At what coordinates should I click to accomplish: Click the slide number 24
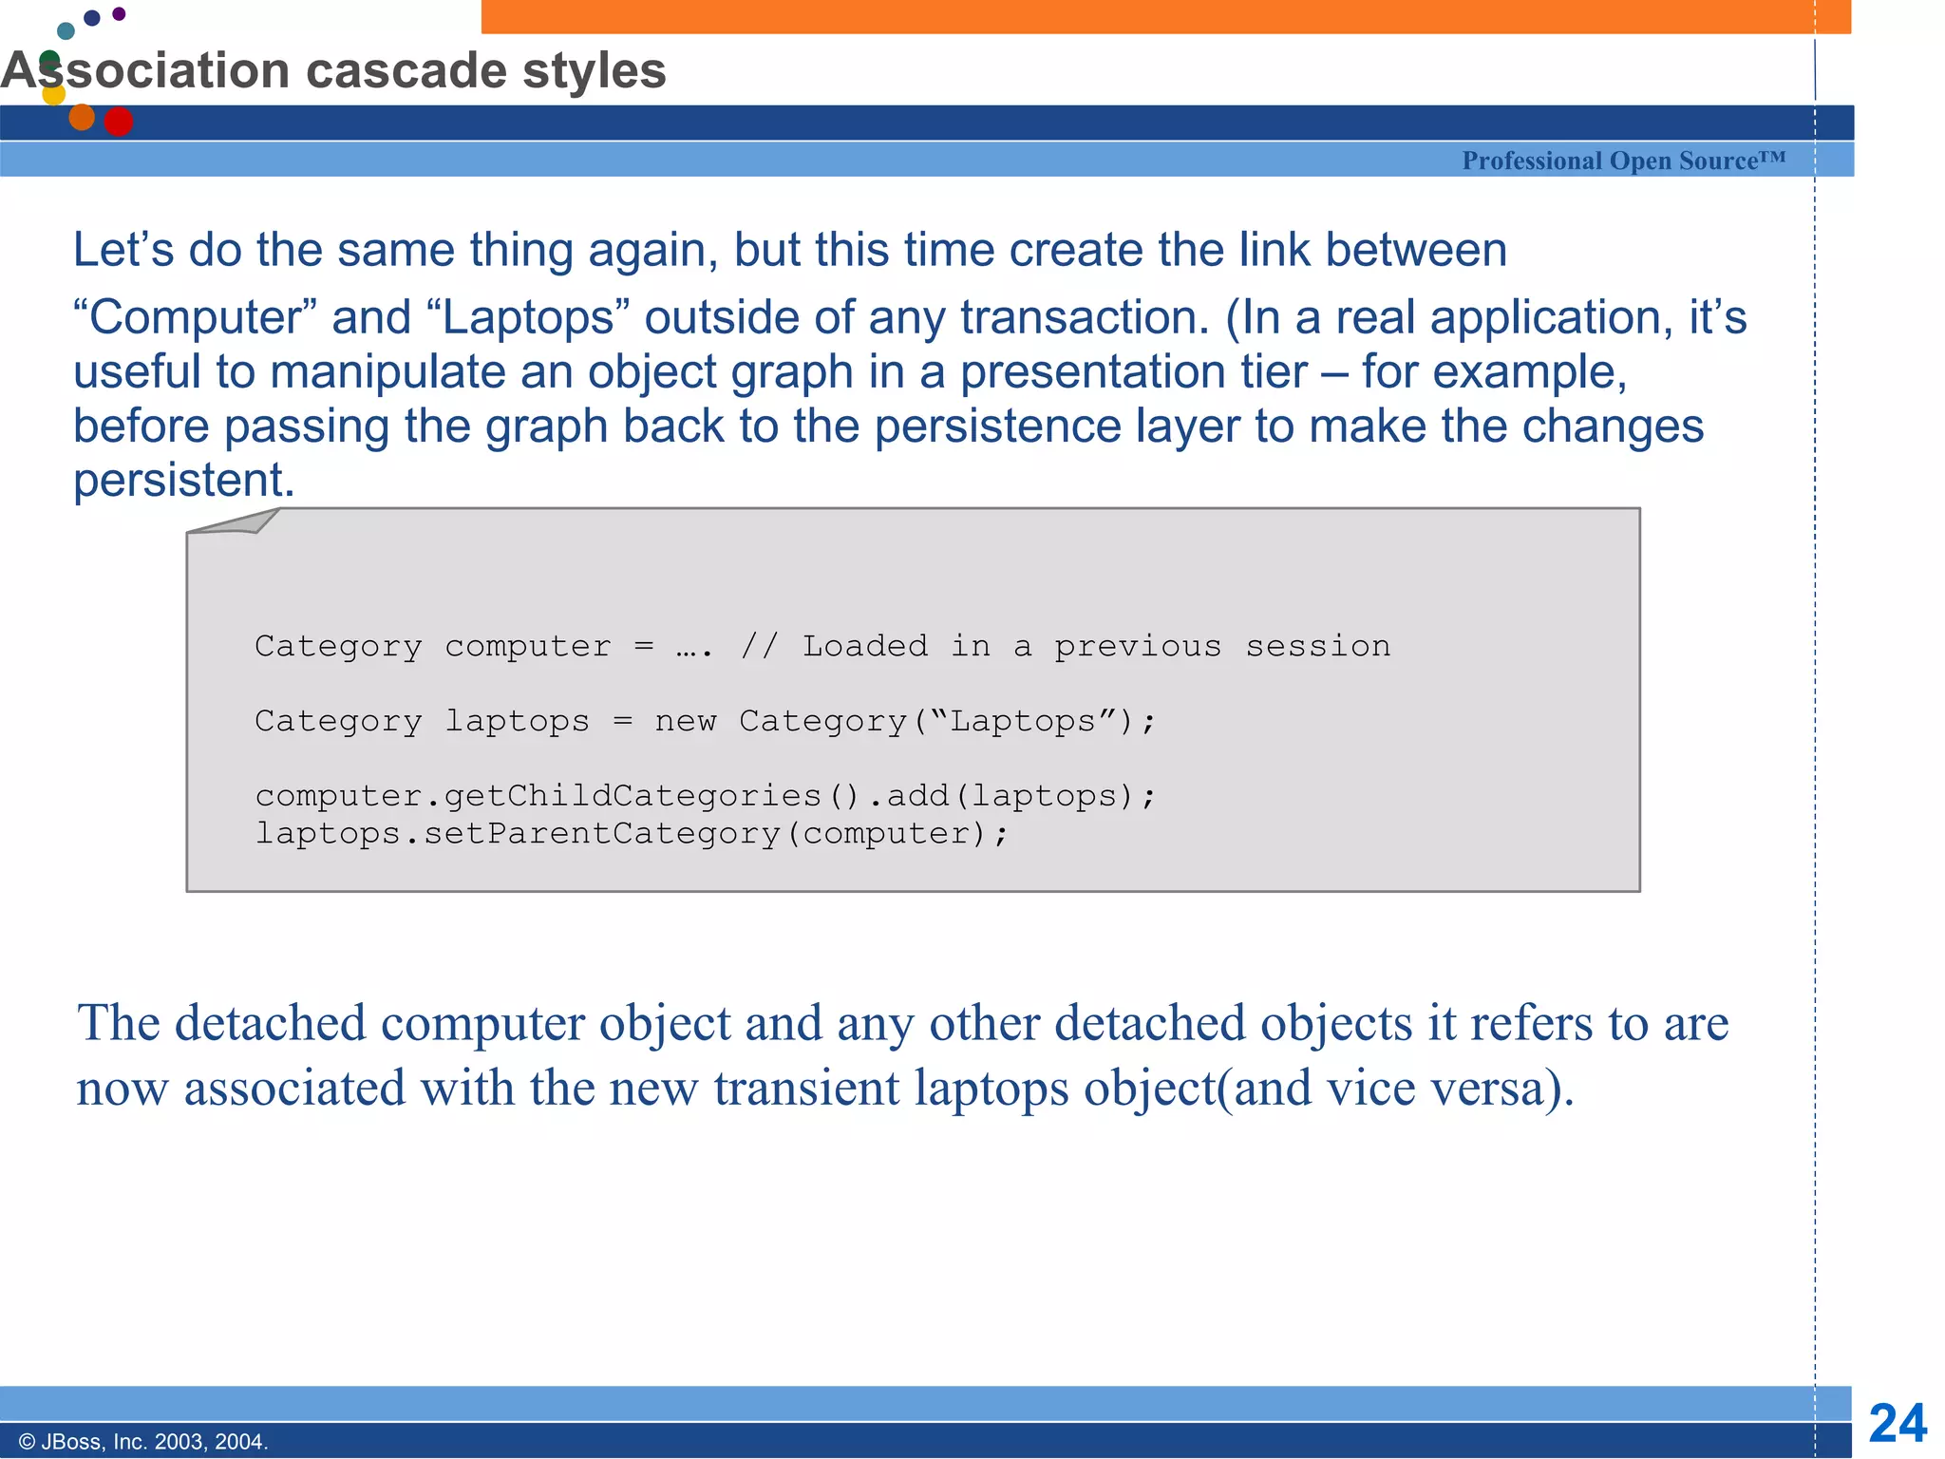point(1897,1423)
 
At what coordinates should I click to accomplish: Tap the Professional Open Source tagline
point(1623,161)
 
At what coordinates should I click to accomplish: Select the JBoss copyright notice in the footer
point(143,1441)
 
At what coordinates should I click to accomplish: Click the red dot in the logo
point(118,122)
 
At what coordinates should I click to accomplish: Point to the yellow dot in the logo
point(54,94)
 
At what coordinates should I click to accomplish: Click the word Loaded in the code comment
point(864,646)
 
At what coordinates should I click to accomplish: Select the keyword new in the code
point(685,721)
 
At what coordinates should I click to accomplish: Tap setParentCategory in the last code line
point(601,833)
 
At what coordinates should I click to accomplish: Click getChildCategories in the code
point(633,795)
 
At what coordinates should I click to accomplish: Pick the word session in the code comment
point(1317,646)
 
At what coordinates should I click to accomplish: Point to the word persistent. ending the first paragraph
point(184,480)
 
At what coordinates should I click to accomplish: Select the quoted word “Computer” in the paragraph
point(195,317)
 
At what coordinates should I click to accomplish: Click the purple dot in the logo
point(119,13)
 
